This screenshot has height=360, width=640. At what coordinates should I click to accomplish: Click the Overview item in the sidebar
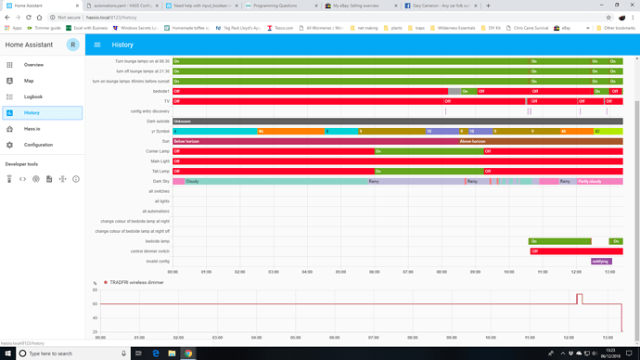(x=33, y=65)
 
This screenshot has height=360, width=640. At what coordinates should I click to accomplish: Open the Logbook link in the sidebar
(x=33, y=96)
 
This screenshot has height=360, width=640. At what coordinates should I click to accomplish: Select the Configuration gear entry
(x=38, y=145)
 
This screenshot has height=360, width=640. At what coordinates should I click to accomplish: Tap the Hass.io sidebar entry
(x=32, y=129)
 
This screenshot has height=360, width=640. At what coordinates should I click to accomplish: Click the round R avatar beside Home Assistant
(x=72, y=45)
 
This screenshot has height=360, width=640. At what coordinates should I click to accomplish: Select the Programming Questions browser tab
(x=278, y=6)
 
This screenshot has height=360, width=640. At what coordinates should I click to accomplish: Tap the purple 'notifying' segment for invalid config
(x=601, y=261)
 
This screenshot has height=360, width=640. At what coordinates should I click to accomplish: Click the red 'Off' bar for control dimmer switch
(x=575, y=251)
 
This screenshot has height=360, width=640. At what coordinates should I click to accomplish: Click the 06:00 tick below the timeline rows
(x=374, y=272)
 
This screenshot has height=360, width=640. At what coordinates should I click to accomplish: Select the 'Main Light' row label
(x=158, y=161)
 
